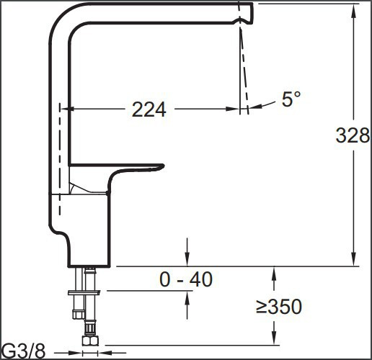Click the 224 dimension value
pyautogui.click(x=149, y=109)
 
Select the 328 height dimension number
pyautogui.click(x=353, y=135)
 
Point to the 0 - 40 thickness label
pyautogui.click(x=186, y=279)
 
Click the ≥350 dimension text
pyautogui.click(x=278, y=307)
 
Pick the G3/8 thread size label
pyautogui.click(x=23, y=351)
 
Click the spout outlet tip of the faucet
pyautogui.click(x=246, y=13)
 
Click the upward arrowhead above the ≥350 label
pyautogui.click(x=274, y=272)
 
